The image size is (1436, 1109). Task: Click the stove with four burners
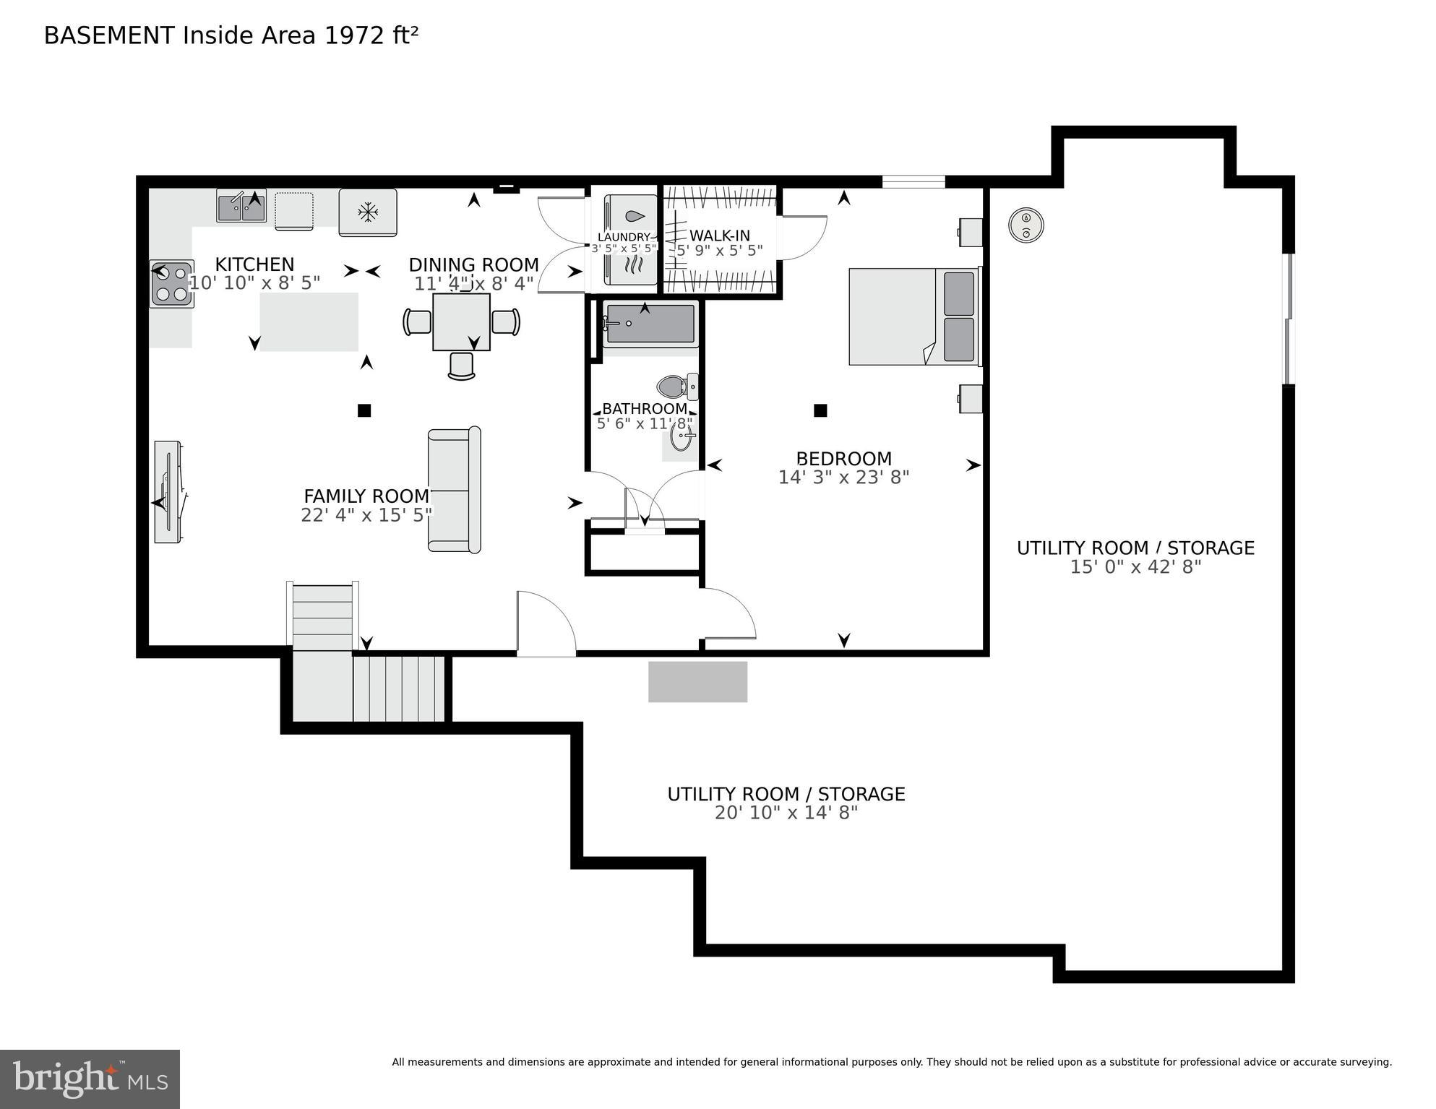[x=171, y=284]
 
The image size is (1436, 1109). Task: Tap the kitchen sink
[x=241, y=206]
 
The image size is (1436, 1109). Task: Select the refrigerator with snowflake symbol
[x=368, y=212]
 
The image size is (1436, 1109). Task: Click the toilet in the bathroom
[x=678, y=387]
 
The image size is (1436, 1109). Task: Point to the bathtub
[x=650, y=324]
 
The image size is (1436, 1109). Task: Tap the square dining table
[x=461, y=322]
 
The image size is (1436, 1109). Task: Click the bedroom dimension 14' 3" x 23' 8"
[x=843, y=478]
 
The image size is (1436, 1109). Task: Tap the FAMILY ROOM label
[x=366, y=496]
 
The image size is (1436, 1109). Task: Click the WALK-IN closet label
[x=719, y=236]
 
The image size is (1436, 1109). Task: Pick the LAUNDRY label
[x=624, y=237]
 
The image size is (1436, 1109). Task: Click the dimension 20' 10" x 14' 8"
[x=786, y=813]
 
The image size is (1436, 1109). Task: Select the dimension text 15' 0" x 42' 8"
[x=1135, y=567]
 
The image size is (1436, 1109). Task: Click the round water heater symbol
[x=1026, y=225]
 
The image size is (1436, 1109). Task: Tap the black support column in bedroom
[x=820, y=410]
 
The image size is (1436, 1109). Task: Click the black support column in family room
[x=364, y=410]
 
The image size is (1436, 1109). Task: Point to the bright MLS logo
[x=90, y=1079]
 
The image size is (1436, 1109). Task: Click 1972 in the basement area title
[x=354, y=35]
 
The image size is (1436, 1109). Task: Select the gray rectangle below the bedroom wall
[x=697, y=681]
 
